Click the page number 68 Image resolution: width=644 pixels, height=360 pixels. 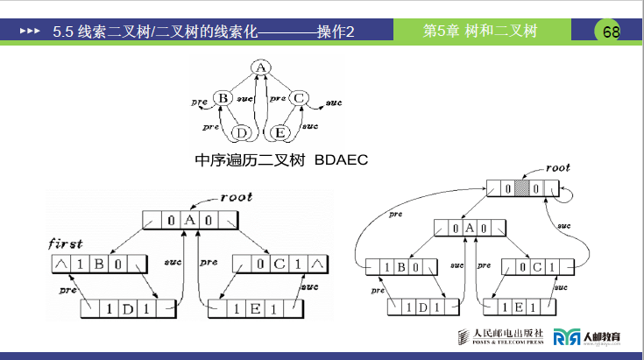pyautogui.click(x=611, y=32)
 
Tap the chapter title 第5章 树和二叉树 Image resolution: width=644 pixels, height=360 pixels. pyautogui.click(x=479, y=32)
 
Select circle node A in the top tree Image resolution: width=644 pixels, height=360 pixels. pyautogui.click(x=260, y=67)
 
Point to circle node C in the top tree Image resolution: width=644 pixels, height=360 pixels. pyautogui.click(x=300, y=98)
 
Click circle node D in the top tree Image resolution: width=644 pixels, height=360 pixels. pyautogui.click(x=242, y=132)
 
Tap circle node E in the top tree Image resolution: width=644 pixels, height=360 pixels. pyautogui.click(x=280, y=132)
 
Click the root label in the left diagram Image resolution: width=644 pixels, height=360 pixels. pyautogui.click(x=236, y=197)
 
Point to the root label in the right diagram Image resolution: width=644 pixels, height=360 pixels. pyautogui.click(x=557, y=167)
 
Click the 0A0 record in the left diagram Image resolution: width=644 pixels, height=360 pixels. pyautogui.click(x=190, y=221)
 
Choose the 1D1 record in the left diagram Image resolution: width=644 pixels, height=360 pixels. pyautogui.click(x=126, y=309)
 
